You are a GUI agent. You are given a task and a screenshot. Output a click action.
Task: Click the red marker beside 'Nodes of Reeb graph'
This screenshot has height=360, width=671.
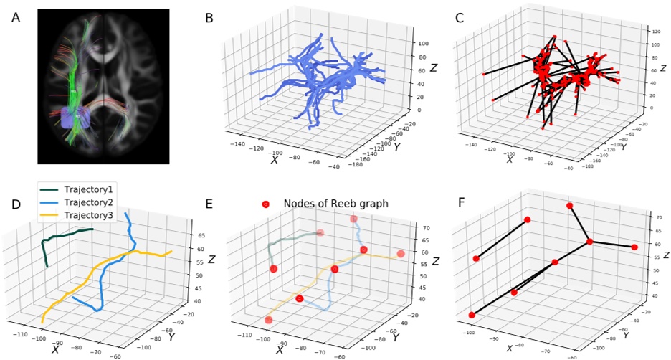(x=265, y=204)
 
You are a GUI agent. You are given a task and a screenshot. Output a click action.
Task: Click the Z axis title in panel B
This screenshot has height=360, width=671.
(x=434, y=69)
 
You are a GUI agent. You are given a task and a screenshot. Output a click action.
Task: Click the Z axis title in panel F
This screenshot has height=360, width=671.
(x=666, y=255)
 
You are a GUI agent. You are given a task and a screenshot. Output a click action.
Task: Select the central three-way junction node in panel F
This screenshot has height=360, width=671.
(x=590, y=242)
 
